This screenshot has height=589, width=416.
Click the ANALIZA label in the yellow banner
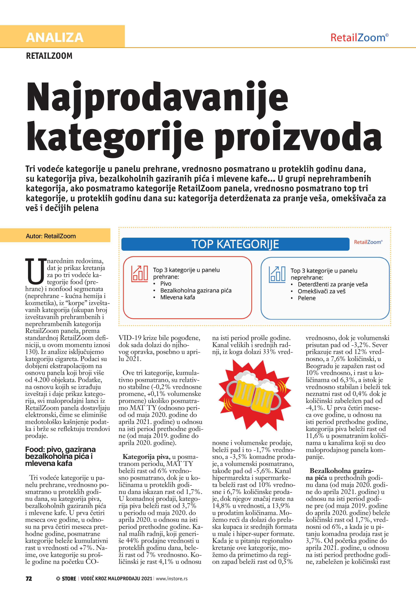click(55, 37)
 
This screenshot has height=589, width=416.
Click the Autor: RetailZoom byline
click(51, 236)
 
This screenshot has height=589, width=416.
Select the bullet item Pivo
click(166, 283)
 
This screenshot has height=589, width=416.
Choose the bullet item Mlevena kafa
click(177, 297)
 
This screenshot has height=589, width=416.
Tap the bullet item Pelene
click(307, 298)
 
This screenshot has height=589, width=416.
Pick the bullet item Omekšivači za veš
click(321, 291)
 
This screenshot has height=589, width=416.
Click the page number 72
click(29, 578)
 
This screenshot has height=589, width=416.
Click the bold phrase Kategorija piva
click(146, 457)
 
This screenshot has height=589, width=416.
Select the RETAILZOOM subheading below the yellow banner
click(49, 56)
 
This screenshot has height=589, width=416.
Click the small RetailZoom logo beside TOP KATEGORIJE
click(368, 242)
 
